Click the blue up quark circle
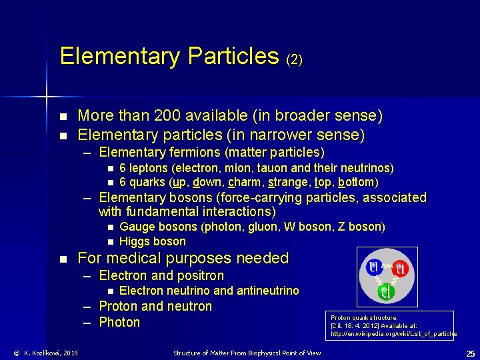[374, 268]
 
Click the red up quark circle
[401, 269]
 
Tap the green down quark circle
[387, 291]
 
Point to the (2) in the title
[294, 59]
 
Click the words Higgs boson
[152, 241]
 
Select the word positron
[199, 275]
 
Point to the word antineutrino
[267, 291]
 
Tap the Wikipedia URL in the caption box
[394, 333]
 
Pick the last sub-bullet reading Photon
[119, 323]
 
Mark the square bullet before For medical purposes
[63, 259]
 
